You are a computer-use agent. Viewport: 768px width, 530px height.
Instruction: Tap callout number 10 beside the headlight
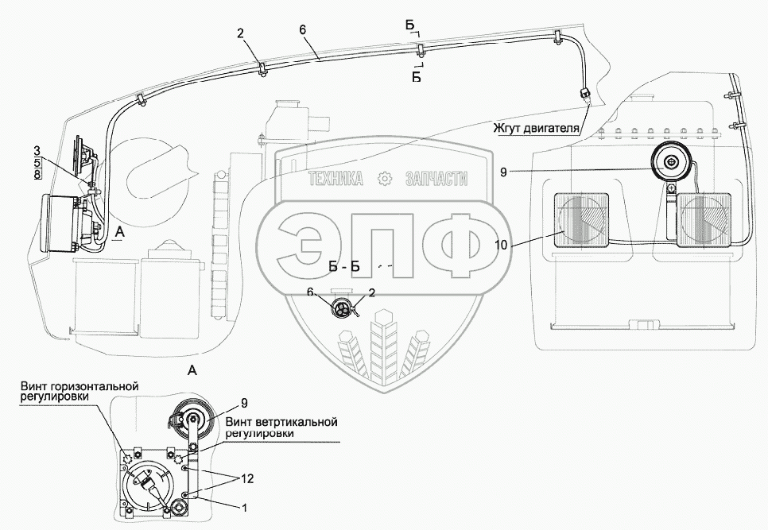[501, 246]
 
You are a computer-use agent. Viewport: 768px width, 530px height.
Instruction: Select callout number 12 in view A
[248, 478]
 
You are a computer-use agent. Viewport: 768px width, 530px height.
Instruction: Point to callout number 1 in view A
[244, 508]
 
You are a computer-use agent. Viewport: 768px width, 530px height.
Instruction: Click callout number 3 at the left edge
[37, 149]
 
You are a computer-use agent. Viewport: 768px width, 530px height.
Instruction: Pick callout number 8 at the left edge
[37, 174]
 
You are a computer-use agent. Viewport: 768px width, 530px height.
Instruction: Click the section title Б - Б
[344, 267]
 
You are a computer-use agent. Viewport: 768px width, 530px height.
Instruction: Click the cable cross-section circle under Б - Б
[343, 310]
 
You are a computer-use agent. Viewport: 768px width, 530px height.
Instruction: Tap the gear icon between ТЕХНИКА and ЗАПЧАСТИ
[386, 179]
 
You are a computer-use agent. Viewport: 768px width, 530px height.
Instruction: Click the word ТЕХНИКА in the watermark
[336, 179]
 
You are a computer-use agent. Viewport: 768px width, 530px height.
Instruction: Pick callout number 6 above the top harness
[302, 29]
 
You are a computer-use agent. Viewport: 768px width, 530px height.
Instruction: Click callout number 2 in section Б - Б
[372, 293]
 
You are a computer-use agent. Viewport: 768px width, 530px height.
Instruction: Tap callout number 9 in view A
[244, 403]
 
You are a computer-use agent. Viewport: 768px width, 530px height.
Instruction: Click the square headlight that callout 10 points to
[580, 220]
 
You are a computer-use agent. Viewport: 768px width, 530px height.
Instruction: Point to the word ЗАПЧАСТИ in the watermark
[436, 179]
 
